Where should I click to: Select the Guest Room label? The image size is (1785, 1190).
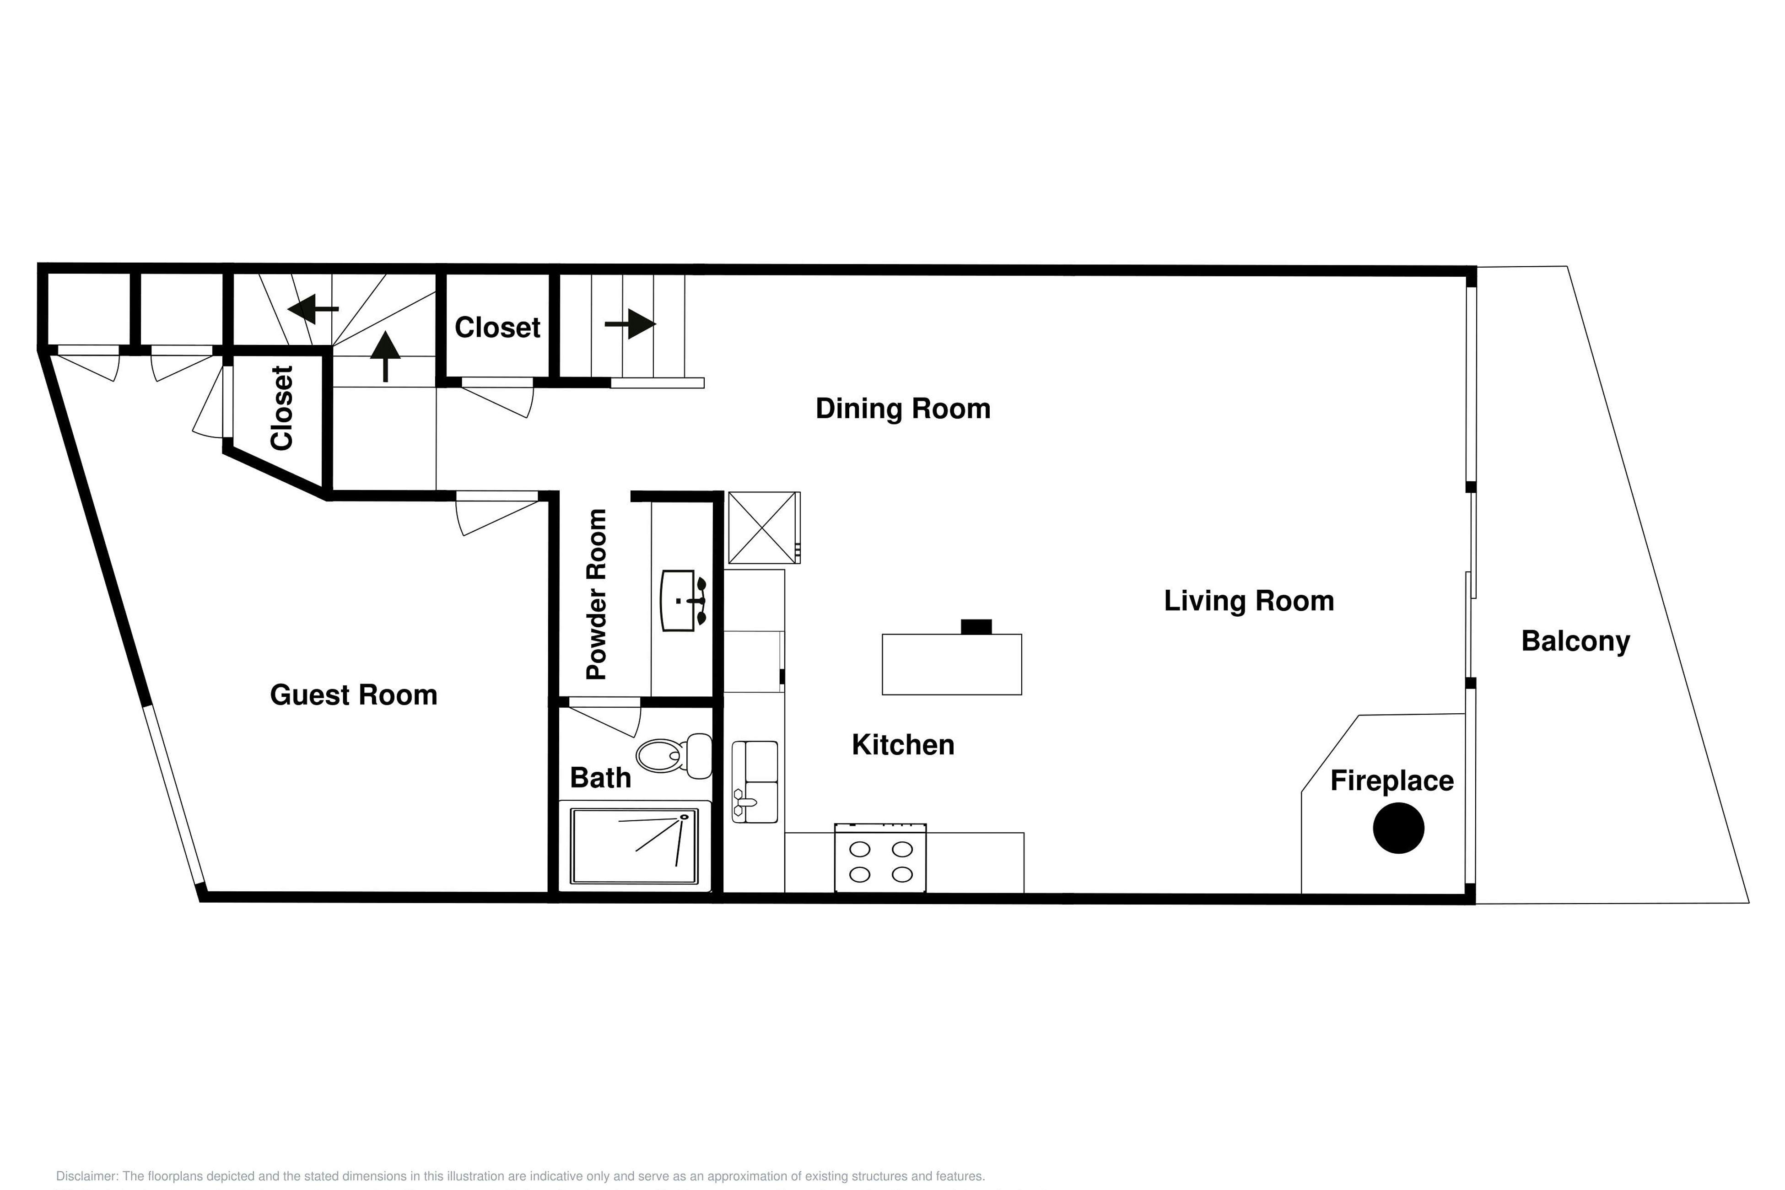click(x=354, y=695)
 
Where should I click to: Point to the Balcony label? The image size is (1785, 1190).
click(x=1575, y=642)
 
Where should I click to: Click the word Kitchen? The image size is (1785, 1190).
click(x=903, y=745)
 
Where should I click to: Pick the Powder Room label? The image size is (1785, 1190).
click(x=597, y=594)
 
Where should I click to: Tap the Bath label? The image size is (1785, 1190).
click(x=600, y=778)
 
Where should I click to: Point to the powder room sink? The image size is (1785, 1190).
click(x=683, y=600)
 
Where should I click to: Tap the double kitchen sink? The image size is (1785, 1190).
click(x=755, y=782)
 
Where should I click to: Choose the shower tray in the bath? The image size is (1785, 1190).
click(x=635, y=846)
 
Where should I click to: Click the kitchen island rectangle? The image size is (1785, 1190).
click(x=952, y=664)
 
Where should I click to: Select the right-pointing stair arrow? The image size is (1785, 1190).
click(x=630, y=324)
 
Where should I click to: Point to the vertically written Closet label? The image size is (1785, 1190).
click(x=281, y=408)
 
